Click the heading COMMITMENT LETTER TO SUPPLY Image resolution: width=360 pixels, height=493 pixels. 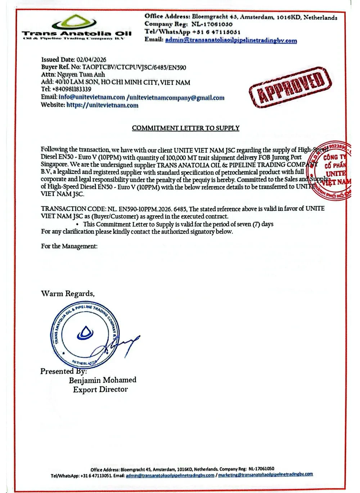(x=185, y=128)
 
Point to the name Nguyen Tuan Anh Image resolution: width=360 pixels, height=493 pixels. (x=81, y=75)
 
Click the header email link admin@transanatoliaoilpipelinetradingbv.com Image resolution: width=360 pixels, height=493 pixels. (x=231, y=40)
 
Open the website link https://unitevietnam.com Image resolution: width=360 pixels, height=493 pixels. (x=102, y=105)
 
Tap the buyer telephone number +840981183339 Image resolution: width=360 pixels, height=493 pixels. (x=71, y=89)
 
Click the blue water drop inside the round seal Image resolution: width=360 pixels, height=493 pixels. (x=85, y=332)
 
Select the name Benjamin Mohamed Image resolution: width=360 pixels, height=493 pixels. (x=103, y=380)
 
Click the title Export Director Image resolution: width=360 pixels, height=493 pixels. (x=100, y=389)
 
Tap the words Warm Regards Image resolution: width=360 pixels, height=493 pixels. (x=68, y=293)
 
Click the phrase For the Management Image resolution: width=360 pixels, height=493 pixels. (x=69, y=246)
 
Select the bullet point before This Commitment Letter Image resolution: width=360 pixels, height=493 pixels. (x=77, y=224)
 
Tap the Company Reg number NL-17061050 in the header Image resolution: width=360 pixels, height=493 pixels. (x=212, y=24)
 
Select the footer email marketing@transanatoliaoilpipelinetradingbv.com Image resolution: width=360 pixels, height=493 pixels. (x=265, y=475)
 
